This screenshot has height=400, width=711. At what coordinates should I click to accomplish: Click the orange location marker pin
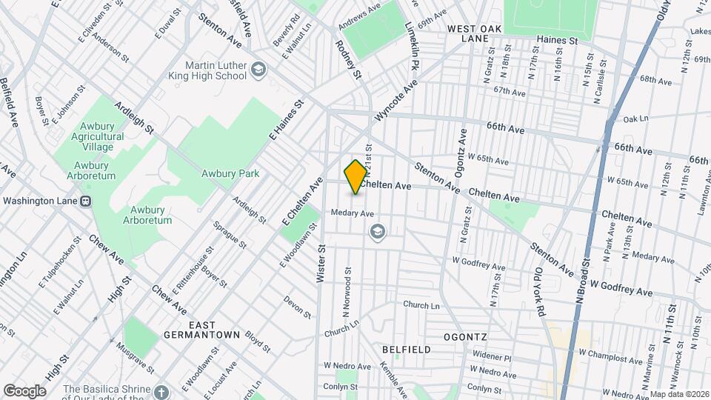click(355, 177)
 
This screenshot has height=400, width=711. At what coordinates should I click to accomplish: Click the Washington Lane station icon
click(86, 200)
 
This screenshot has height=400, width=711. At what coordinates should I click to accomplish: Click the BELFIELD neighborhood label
click(406, 349)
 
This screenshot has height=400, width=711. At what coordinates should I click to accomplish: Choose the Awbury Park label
click(230, 174)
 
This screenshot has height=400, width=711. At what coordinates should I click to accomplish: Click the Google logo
click(24, 390)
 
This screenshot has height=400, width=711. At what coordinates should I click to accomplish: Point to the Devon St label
click(298, 308)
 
